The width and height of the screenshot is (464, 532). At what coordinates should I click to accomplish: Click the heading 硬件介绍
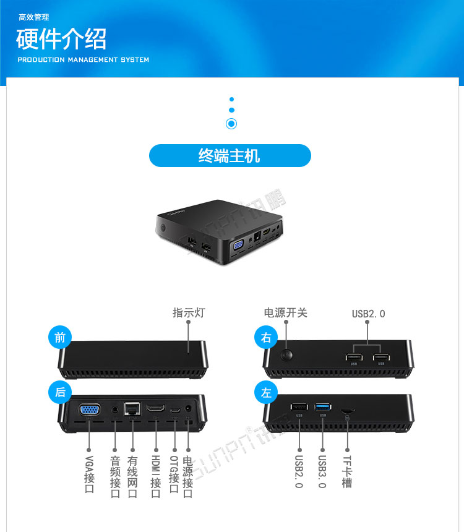61,39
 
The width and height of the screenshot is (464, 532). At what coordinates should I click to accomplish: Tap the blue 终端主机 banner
230,156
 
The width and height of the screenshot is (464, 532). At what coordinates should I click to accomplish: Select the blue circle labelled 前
60,337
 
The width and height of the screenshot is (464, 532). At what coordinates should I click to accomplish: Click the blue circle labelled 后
60,392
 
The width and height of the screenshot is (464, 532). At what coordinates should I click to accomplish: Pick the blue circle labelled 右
267,337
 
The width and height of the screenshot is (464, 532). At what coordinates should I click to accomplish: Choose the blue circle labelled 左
267,392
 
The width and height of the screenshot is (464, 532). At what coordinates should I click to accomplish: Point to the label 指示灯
188,313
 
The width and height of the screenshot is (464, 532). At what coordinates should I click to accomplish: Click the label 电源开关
285,313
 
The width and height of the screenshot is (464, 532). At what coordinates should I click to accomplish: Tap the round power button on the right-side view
287,355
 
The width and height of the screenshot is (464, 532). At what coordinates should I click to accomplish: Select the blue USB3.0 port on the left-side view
323,406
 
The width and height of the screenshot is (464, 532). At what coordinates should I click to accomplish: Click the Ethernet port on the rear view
132,408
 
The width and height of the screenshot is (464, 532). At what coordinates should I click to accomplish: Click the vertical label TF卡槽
347,472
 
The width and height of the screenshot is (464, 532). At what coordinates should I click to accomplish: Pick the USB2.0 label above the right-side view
368,314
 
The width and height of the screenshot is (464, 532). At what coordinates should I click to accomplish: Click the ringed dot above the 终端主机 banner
231,124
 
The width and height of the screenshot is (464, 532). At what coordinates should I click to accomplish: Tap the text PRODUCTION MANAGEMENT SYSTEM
83,60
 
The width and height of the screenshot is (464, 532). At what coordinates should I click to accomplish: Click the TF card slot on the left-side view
348,410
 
